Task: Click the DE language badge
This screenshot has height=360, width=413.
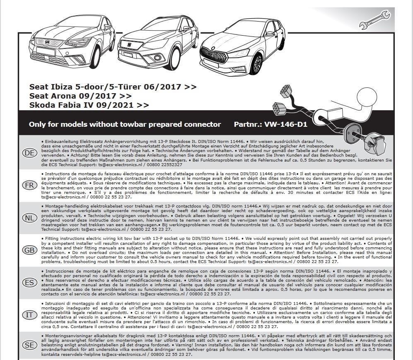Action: coord(29,153)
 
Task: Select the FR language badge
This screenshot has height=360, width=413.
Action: coord(29,185)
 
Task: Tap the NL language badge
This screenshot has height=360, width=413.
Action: coord(29,217)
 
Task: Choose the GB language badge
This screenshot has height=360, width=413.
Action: coord(29,250)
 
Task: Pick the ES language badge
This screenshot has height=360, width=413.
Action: coord(29,283)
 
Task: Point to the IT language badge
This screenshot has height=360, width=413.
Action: coord(29,315)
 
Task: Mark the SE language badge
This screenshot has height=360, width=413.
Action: coord(29,345)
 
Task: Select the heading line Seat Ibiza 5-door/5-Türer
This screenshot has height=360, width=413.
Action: coord(113,87)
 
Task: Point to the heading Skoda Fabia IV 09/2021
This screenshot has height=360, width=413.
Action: coord(89,105)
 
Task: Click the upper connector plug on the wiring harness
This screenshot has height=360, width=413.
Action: coord(285,91)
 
